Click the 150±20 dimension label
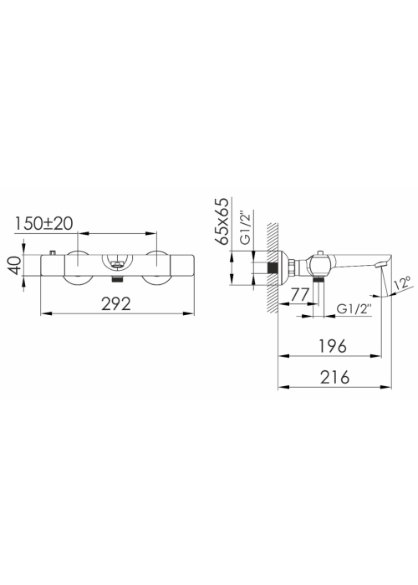click(x=43, y=223)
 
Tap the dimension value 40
click(x=16, y=265)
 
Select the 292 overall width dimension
click(x=116, y=303)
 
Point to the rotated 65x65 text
click(x=222, y=221)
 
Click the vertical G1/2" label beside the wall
click(x=247, y=227)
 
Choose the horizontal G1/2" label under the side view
click(x=354, y=309)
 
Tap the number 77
click(x=299, y=295)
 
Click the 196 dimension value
click(x=333, y=346)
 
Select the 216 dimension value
click(x=334, y=377)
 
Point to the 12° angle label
click(x=403, y=282)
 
